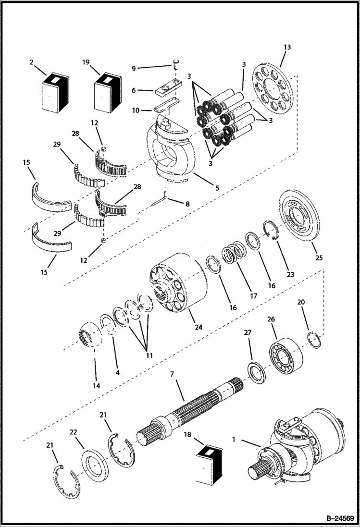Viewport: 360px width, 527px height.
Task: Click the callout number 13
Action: click(x=287, y=47)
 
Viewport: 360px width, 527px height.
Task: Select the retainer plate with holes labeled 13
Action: click(x=272, y=88)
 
